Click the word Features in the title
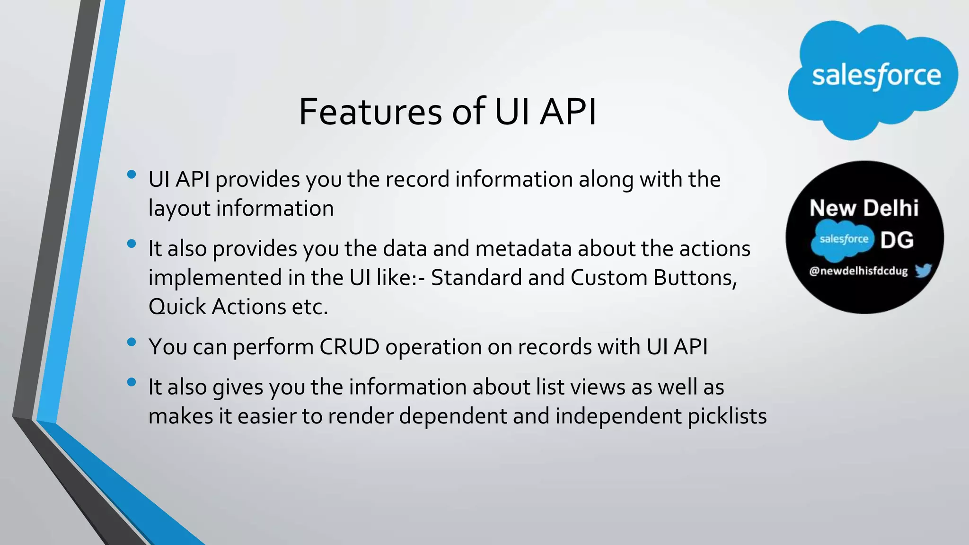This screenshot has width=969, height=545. (370, 112)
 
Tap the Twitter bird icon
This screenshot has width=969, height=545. (923, 271)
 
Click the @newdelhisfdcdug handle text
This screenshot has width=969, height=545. (858, 271)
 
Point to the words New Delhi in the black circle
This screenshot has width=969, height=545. (864, 208)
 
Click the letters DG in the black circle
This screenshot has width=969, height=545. (897, 240)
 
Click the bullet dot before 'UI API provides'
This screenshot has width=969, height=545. (132, 175)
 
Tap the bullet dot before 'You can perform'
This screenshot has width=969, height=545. (132, 342)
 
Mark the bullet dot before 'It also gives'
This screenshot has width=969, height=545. (132, 382)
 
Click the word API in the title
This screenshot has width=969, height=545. (568, 112)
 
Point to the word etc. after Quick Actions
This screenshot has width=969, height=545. (310, 307)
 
